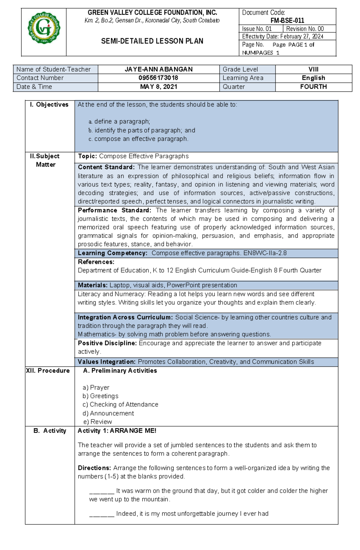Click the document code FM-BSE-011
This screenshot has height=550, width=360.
[287, 21]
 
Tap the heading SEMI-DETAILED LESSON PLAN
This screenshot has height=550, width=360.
[152, 41]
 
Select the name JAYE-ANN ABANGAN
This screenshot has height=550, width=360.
[158, 69]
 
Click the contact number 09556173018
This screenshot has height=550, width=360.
[158, 78]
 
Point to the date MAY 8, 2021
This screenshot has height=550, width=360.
[158, 87]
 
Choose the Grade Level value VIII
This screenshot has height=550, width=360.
[313, 69]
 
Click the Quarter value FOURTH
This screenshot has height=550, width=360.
[313, 87]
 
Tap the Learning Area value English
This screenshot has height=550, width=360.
[313, 78]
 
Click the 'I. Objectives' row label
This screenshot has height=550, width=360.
[49, 105]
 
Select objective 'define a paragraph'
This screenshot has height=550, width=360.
[122, 122]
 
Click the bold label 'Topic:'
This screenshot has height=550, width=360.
[87, 156]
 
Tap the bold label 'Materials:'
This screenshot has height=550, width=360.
[92, 285]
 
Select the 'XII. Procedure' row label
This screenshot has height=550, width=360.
[48, 371]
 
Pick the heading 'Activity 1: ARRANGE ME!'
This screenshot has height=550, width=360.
[117, 431]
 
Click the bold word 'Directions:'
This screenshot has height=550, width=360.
[94, 468]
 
